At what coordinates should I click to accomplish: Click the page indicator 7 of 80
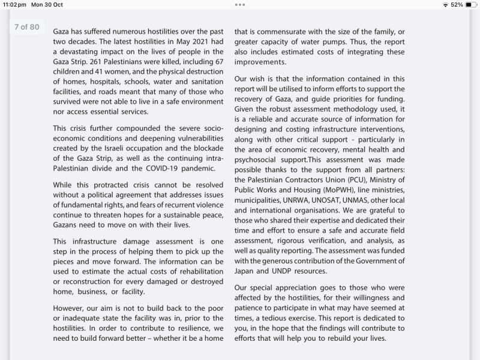26,27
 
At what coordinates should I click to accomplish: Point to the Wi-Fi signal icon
445,5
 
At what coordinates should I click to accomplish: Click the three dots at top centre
240,5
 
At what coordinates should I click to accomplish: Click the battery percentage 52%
457,5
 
